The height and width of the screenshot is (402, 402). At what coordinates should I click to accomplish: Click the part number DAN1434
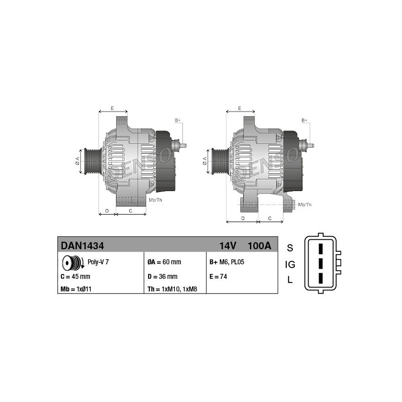pyautogui.click(x=82, y=246)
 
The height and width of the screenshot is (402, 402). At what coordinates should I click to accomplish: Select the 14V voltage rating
pyautogui.click(x=228, y=246)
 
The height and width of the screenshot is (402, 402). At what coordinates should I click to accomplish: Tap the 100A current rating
pyautogui.click(x=259, y=246)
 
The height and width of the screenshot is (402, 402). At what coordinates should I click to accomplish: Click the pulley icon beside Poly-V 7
pyautogui.click(x=73, y=263)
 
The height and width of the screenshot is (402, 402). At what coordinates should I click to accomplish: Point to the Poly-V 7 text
pyautogui.click(x=98, y=262)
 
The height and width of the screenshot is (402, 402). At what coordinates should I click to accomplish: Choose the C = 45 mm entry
pyautogui.click(x=75, y=276)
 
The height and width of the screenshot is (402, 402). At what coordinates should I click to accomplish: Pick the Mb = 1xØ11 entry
pyautogui.click(x=76, y=289)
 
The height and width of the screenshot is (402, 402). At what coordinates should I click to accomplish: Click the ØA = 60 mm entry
pyautogui.click(x=164, y=262)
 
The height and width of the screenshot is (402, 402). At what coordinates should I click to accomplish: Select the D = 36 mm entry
pyautogui.click(x=162, y=276)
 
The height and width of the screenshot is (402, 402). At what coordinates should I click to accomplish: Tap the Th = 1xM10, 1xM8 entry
pyautogui.click(x=172, y=289)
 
